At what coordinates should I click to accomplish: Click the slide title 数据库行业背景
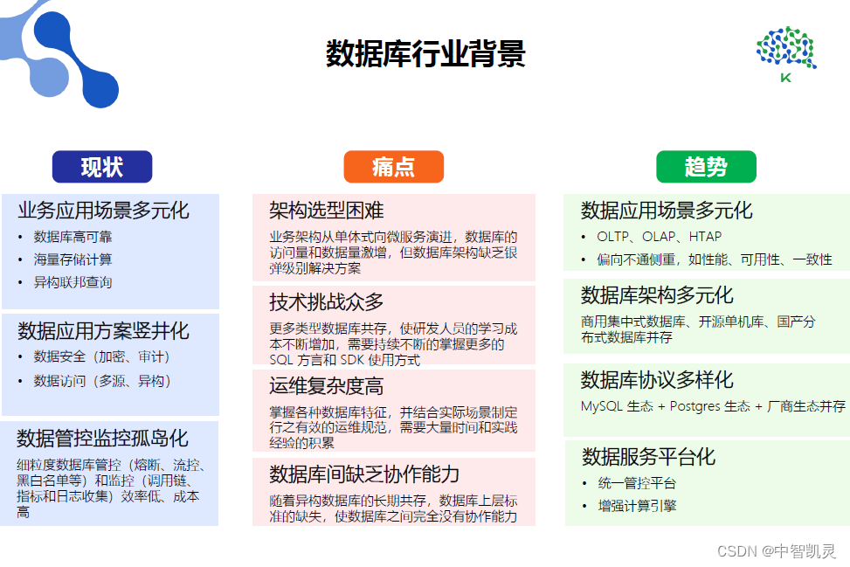425,53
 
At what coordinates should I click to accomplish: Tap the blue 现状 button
102,166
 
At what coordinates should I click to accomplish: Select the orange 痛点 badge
394,166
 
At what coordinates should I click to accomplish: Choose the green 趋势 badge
706,166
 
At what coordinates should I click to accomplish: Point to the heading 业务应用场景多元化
104,211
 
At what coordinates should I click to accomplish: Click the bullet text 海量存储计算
73,259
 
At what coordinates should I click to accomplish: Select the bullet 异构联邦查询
73,282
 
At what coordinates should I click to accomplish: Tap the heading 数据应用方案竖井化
104,330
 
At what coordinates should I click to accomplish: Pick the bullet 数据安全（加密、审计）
102,356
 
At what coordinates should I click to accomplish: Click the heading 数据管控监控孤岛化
102,438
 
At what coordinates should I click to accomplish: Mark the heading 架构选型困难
327,211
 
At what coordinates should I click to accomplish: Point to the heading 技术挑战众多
327,302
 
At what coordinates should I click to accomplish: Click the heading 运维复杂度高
327,386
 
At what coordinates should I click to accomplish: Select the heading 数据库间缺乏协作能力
364,474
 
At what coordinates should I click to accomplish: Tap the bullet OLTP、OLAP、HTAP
660,237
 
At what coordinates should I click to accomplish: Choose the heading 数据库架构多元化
657,295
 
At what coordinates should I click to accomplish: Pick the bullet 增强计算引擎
637,506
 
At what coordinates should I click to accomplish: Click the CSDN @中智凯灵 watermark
777,551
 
